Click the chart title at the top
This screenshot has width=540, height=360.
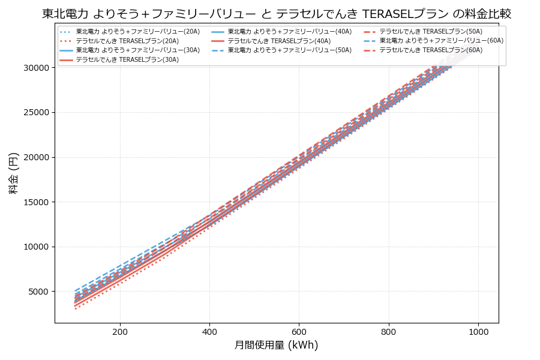coord(277,14)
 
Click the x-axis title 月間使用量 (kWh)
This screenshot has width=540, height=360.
coord(276,345)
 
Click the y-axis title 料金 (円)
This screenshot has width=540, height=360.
coord(13,173)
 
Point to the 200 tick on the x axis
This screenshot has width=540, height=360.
coord(120,331)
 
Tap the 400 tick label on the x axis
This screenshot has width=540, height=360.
coord(209,331)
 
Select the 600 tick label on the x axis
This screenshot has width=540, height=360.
coord(299,331)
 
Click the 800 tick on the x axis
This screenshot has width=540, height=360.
coord(389,331)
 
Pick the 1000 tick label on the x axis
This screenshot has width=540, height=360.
coord(478,331)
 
